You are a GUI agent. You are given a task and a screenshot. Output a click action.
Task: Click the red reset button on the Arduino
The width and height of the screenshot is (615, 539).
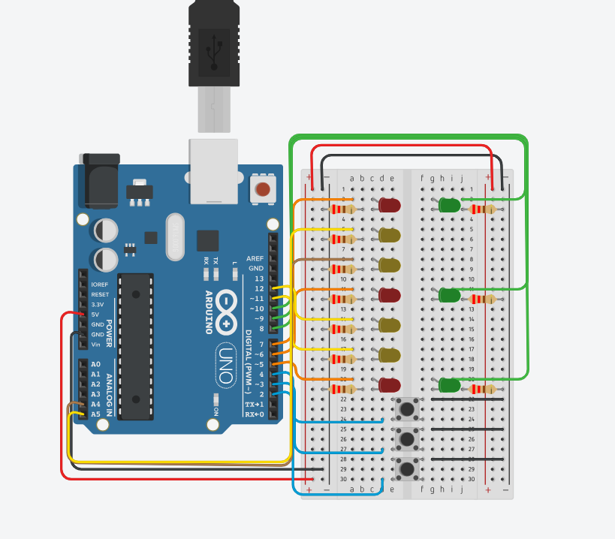click(x=262, y=189)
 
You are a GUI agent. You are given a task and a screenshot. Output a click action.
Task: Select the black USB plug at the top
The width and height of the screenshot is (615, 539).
click(x=214, y=45)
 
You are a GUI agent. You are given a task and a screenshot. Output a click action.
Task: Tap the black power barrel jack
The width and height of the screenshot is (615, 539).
click(x=98, y=179)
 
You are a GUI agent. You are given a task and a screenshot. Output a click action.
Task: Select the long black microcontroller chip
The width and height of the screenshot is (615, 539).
click(x=135, y=346)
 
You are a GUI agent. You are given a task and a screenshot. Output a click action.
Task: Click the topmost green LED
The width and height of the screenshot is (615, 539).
click(x=450, y=205)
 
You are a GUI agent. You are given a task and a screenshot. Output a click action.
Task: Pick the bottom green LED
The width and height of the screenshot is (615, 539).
click(x=449, y=385)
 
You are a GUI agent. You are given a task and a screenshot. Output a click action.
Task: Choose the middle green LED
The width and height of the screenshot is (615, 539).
click(x=450, y=295)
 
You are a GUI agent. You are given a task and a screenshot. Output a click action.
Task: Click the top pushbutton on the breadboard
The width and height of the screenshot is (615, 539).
click(x=407, y=409)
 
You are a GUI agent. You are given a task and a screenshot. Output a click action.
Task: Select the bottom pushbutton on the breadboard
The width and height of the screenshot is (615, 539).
click(x=407, y=469)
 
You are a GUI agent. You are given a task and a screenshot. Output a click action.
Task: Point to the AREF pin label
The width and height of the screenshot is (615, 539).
click(x=255, y=258)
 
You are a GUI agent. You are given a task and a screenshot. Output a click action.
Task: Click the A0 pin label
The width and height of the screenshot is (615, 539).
click(x=95, y=364)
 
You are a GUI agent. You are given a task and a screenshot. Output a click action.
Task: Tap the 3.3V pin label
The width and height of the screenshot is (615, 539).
click(x=98, y=305)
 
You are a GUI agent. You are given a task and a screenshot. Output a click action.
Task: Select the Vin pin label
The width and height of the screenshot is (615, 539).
click(x=95, y=344)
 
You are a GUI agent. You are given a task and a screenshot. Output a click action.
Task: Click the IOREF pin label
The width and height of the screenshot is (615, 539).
click(x=100, y=285)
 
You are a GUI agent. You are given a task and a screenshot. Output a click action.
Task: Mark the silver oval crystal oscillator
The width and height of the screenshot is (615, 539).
click(x=175, y=236)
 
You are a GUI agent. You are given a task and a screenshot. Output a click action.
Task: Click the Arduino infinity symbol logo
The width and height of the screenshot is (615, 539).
click(x=226, y=312)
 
